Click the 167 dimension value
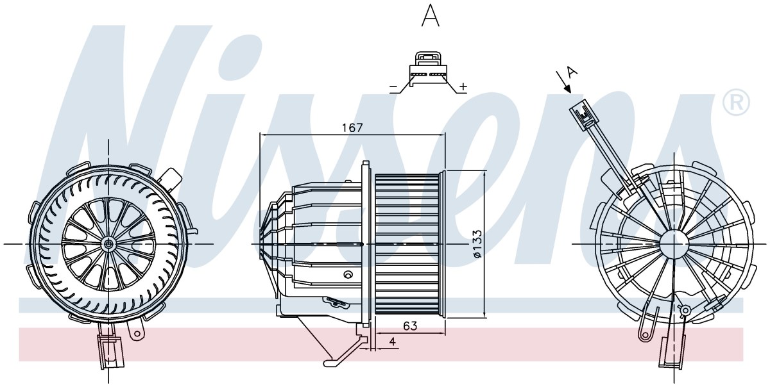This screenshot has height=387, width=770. pyautogui.click(x=352, y=128)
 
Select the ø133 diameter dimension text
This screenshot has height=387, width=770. pyautogui.click(x=477, y=244)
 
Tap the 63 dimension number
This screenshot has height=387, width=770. pyautogui.click(x=410, y=325)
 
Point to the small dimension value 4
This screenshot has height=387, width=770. pyautogui.click(x=393, y=342)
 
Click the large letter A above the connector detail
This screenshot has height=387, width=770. pyautogui.click(x=431, y=15)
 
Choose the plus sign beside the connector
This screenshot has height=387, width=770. pyautogui.click(x=463, y=86)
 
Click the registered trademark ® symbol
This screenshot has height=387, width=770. pyautogui.click(x=736, y=102)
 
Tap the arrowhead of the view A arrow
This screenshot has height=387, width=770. pyautogui.click(x=567, y=89)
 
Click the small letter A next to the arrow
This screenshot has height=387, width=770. pyautogui.click(x=572, y=72)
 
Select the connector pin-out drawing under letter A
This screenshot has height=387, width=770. pyautogui.click(x=429, y=72)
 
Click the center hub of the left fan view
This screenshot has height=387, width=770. pyautogui.click(x=108, y=244)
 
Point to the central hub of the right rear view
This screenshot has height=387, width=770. pyautogui.click(x=674, y=243)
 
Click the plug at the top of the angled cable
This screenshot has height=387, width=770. pyautogui.click(x=581, y=113)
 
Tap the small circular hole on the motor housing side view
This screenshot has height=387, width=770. pyautogui.click(x=348, y=274)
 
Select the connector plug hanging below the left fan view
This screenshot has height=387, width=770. pyautogui.click(x=110, y=352)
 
